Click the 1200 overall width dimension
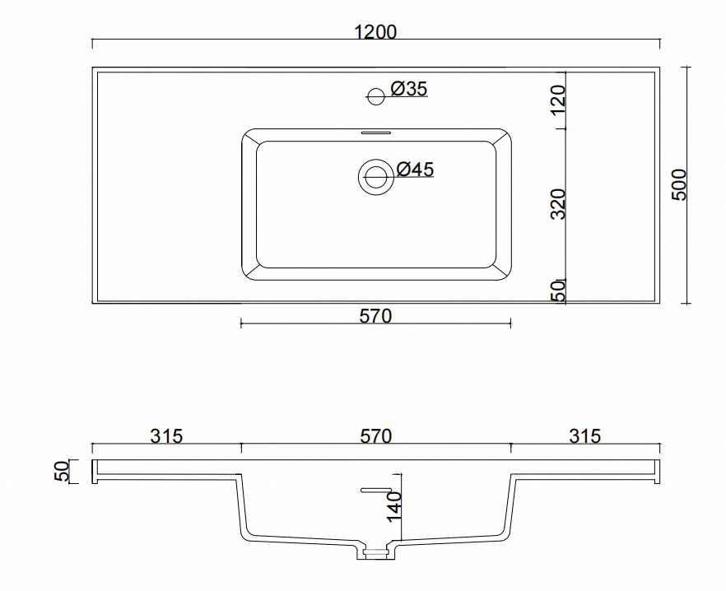pos(375,32)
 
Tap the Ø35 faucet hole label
pos(409,88)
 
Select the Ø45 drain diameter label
pos(416,169)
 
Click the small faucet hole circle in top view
pos(375,96)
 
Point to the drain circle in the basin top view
pos(375,176)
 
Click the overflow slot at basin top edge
pos(375,133)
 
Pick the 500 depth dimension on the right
pos(679,184)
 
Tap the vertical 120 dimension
pos(558,100)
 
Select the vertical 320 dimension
pos(558,204)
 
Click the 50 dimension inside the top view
pos(559,291)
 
